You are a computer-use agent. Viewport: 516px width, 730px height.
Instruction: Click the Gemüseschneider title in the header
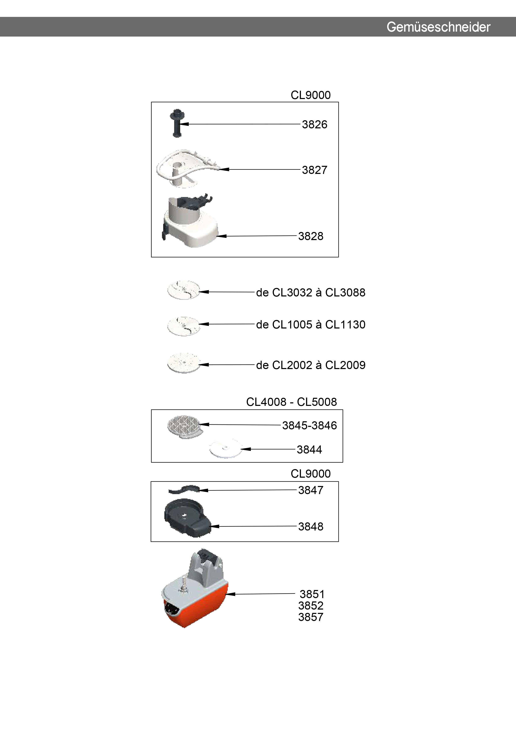[x=438, y=27]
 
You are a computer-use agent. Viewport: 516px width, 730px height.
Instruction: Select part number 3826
[x=314, y=124]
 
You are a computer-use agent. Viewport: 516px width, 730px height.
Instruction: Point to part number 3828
[x=311, y=236]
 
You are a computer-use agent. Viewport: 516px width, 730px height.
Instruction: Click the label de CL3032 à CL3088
[x=311, y=292]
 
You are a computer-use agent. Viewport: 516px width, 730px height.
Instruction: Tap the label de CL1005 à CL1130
[x=311, y=325]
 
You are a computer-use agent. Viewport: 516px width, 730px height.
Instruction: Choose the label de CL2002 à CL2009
[x=311, y=365]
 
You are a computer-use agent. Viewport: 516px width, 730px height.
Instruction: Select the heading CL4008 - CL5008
[x=291, y=402]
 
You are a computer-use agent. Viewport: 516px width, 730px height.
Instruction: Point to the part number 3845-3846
[x=309, y=425]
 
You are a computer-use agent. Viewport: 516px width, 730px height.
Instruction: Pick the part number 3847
[x=311, y=490]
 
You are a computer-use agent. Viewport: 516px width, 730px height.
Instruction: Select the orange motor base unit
[x=195, y=587]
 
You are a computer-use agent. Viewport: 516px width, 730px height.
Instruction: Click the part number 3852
[x=311, y=606]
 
